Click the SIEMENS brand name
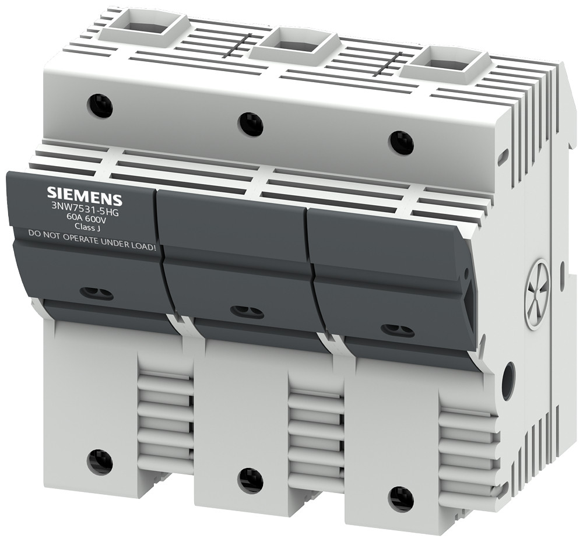coord(84,194)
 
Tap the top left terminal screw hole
coord(100,105)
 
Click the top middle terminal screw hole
coord(251,124)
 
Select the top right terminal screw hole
coord(402,143)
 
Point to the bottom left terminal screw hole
coord(100,462)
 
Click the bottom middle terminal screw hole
coord(251,480)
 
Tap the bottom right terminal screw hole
coord(401,499)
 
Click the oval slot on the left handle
coord(96,293)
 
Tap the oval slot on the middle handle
coord(247,312)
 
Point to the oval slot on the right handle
coord(398,330)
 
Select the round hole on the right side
coord(508,380)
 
